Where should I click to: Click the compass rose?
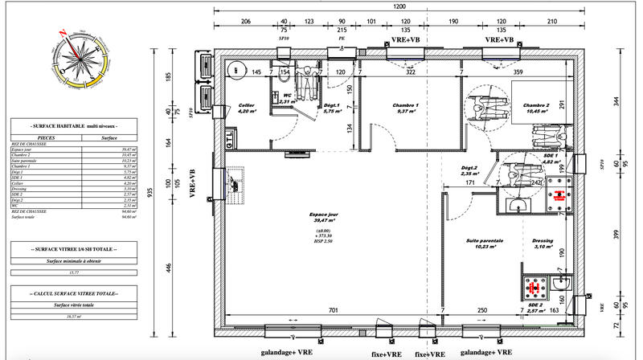click(x=79, y=60)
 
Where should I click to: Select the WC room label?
click(x=286, y=98)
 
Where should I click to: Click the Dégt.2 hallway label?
click(x=469, y=168)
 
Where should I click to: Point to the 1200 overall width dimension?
click(x=399, y=7)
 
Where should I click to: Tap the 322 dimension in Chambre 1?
click(x=410, y=73)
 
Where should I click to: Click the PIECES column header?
click(x=36, y=137)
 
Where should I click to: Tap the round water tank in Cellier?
click(x=235, y=70)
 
